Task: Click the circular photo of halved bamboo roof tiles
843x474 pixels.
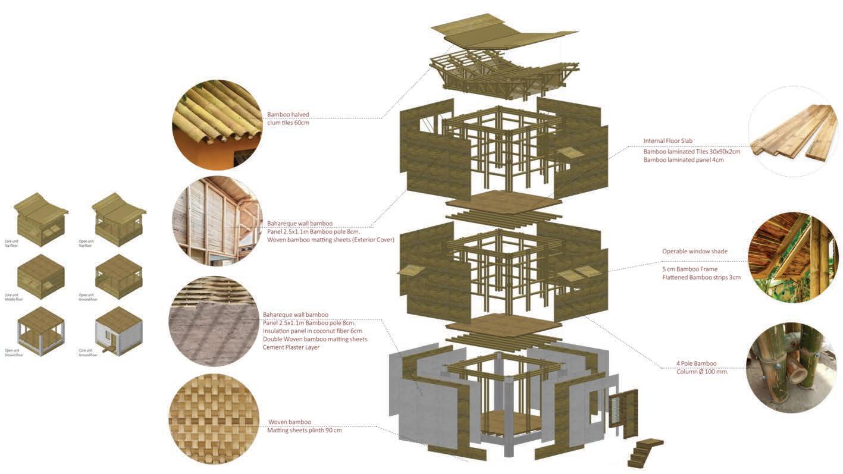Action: pos(217,125)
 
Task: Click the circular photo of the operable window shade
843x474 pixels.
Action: pos(793,258)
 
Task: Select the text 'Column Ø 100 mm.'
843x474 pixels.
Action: pos(702,372)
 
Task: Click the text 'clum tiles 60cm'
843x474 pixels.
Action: pos(289,123)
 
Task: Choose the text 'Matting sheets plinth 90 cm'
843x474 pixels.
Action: pos(304,430)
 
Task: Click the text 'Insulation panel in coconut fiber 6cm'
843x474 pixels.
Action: pos(312,331)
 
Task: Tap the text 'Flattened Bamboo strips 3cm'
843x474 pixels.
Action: pos(701,277)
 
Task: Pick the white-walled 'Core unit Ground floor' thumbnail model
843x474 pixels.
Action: pos(118,330)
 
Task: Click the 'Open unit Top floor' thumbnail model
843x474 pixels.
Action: pos(118,219)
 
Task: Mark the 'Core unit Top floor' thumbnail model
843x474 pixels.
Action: pos(40,219)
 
